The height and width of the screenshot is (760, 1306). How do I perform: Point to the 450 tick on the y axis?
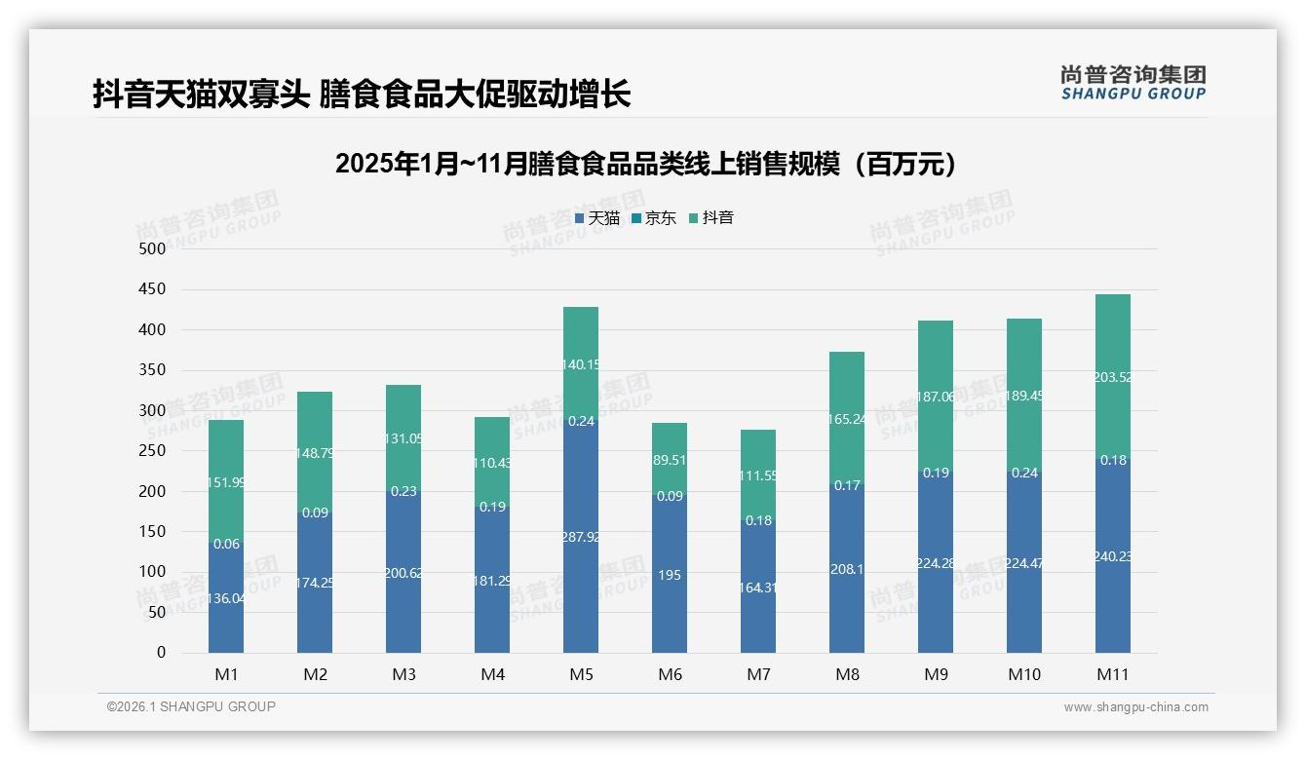[x=152, y=289]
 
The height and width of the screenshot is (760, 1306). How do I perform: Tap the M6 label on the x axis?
[x=670, y=674]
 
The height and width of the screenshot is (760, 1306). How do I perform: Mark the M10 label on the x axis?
[x=1024, y=674]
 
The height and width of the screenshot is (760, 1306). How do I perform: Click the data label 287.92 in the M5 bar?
[x=581, y=536]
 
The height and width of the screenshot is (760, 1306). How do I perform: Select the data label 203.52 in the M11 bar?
[x=1112, y=377]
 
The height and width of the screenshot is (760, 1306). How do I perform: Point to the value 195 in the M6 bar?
[x=670, y=575]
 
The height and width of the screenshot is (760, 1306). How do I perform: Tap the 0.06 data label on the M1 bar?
[x=226, y=544]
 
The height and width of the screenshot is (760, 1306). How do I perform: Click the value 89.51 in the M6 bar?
[x=670, y=460]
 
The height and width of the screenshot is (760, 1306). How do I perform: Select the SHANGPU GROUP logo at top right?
[x=1133, y=83]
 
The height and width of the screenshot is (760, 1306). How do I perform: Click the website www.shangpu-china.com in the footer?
[x=1135, y=707]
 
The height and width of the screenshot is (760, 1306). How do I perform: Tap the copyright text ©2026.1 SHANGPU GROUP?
[x=191, y=706]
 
